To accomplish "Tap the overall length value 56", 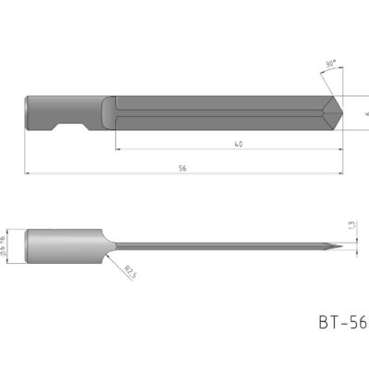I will point(182,167).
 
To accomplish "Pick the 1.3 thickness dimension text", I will point(351,224).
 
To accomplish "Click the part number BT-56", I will point(342,322).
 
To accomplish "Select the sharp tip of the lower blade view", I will point(342,246).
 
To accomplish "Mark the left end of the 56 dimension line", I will point(26,173).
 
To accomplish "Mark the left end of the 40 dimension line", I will point(116,149).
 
